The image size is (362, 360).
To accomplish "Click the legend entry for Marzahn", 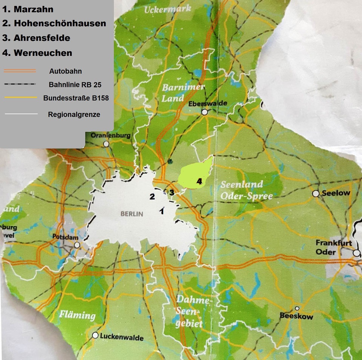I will click(x=28, y=9).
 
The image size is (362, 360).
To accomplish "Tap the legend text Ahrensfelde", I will click(x=36, y=38).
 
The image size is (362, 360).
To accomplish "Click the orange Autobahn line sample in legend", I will click(x=20, y=71).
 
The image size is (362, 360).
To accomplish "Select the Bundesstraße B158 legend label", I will click(x=76, y=98).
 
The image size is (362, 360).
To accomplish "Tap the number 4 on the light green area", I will click(x=199, y=182).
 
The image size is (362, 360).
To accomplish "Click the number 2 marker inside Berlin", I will click(x=152, y=197).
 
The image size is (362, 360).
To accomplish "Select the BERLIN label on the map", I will click(x=132, y=214).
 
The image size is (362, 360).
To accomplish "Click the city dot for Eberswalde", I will click(x=204, y=112).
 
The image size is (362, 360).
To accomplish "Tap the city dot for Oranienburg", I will click(x=106, y=144).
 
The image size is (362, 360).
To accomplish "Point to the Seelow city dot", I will click(x=316, y=194).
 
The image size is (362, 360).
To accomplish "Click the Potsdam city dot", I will click(x=77, y=245).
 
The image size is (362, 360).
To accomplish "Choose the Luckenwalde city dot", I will click(x=95, y=335).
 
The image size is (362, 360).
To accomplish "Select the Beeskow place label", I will click(x=296, y=316).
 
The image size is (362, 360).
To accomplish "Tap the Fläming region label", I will click(x=77, y=315).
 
